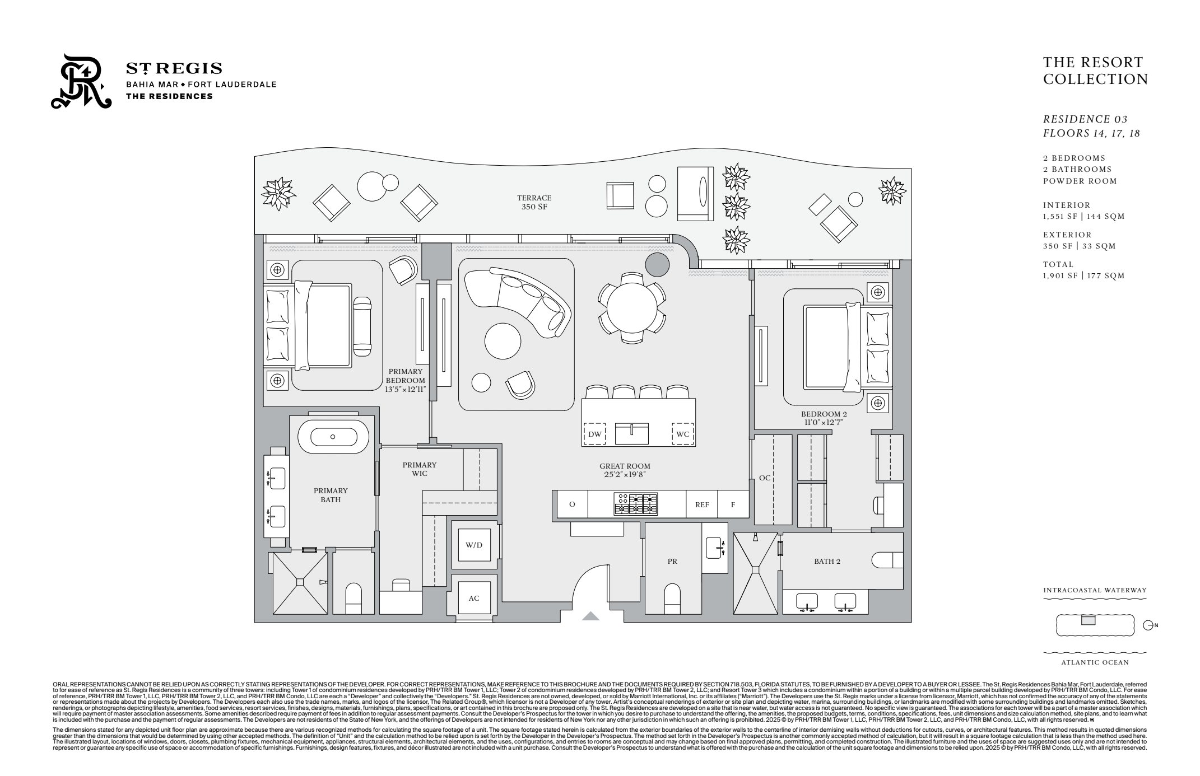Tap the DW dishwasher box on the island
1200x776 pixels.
(594, 434)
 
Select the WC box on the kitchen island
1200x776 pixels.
(682, 434)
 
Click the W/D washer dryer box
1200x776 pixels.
(473, 545)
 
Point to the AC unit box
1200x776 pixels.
(473, 598)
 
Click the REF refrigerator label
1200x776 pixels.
(702, 504)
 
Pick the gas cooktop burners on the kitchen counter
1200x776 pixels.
(636, 503)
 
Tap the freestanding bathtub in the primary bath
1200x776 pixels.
(332, 437)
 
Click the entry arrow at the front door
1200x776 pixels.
(590, 616)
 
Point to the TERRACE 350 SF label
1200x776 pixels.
(534, 202)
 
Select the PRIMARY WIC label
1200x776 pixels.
(419, 469)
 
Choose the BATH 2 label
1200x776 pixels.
(827, 561)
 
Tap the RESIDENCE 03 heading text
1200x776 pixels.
(1085, 119)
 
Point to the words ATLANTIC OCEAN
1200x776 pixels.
(1095, 662)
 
